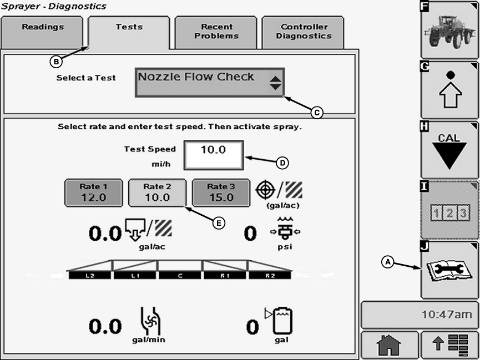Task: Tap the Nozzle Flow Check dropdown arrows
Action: pos(276,83)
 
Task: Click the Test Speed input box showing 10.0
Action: pos(214,155)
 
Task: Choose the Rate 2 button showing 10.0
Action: pos(158,192)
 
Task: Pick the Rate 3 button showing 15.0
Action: pos(221,192)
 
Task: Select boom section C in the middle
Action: pos(180,275)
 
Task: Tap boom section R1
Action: pos(225,275)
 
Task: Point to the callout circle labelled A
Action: pos(388,261)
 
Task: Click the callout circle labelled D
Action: pos(283,163)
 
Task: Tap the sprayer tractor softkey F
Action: pos(449,29)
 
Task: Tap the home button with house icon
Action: pos(389,346)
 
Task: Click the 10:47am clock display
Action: pos(420,315)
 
